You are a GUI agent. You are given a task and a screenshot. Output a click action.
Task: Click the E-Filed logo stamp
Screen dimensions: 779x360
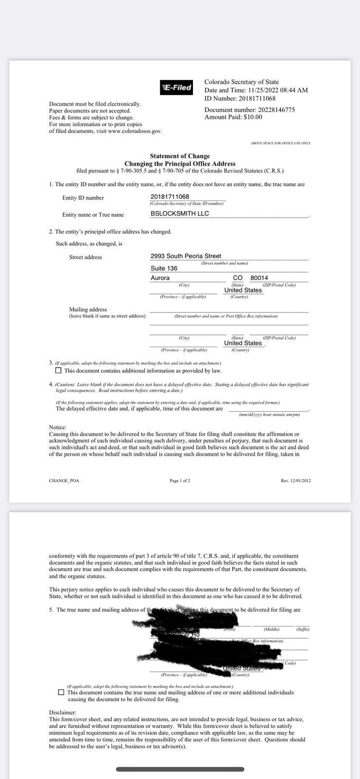pyautogui.click(x=176, y=88)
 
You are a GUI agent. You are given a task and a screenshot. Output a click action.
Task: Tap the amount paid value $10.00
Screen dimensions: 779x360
pyautogui.click(x=252, y=117)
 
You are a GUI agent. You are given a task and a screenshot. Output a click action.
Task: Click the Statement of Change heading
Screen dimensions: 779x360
pyautogui.click(x=180, y=156)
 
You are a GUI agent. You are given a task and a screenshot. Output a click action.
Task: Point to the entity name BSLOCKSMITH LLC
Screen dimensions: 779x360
pyautogui.click(x=180, y=214)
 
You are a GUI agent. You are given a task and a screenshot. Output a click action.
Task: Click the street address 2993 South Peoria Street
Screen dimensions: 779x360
pyautogui.click(x=186, y=256)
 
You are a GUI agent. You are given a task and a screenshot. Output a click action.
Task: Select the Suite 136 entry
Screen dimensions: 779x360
pyautogui.click(x=164, y=268)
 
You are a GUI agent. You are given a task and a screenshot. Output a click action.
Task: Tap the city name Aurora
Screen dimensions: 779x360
pyautogui.click(x=160, y=278)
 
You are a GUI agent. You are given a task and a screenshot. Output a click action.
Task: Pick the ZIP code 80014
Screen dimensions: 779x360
pyautogui.click(x=259, y=278)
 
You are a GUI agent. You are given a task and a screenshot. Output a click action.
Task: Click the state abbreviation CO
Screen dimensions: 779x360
pyautogui.click(x=238, y=278)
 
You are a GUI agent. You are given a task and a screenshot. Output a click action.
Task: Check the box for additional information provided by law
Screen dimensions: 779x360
pyautogui.click(x=59, y=371)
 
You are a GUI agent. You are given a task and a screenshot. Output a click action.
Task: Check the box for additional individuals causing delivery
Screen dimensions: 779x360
pyautogui.click(x=61, y=692)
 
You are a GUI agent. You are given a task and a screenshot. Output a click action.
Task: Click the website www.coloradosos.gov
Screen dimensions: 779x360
pyautogui.click(x=135, y=131)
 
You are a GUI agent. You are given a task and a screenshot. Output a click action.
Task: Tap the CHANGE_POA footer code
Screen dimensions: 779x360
pyautogui.click(x=64, y=481)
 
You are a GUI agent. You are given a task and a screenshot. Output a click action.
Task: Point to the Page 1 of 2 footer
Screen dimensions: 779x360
pyautogui.click(x=180, y=481)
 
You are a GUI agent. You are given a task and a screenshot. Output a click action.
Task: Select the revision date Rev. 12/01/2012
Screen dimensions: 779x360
pyautogui.click(x=296, y=481)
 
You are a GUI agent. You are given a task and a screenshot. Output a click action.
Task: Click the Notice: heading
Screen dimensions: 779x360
pyautogui.click(x=57, y=427)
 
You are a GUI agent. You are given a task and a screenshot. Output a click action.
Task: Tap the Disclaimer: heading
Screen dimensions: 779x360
pyautogui.click(x=62, y=712)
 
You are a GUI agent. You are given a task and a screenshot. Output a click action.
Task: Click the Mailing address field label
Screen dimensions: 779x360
pyautogui.click(x=88, y=310)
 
